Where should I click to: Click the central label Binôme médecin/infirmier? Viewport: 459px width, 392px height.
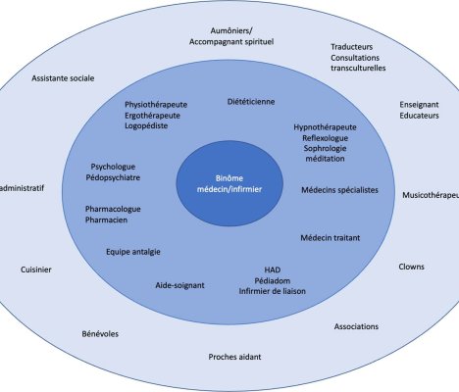(229, 183)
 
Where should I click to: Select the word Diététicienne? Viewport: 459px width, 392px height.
(251, 102)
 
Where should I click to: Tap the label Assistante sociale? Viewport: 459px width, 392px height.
(63, 78)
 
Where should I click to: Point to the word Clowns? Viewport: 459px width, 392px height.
(411, 267)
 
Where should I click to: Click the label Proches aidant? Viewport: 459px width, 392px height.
(234, 357)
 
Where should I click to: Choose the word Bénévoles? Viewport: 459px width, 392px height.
(100, 334)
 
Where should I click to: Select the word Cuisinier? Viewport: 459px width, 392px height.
(36, 269)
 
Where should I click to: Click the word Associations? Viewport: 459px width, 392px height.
(356, 326)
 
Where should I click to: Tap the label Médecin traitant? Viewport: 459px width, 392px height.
(331, 238)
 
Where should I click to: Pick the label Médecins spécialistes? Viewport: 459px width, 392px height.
(339, 190)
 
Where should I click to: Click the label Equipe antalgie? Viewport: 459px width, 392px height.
(133, 252)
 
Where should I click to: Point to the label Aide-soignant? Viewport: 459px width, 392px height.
(179, 285)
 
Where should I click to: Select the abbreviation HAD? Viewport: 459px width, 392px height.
(273, 269)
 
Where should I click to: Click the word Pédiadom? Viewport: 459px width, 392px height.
(273, 280)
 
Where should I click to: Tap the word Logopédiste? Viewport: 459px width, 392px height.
(146, 125)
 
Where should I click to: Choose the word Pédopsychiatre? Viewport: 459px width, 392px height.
(113, 177)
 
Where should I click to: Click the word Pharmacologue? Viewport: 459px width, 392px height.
(113, 209)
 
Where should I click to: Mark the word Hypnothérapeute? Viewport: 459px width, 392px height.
(325, 127)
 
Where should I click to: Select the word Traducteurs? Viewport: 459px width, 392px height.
(352, 47)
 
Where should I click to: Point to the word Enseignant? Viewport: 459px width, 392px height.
(419, 105)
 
